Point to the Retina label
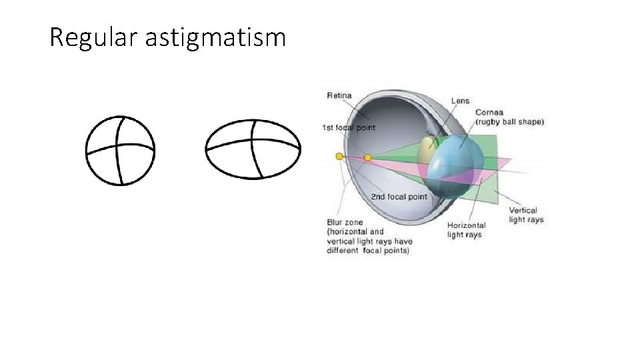(x=339, y=96)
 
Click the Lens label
(x=460, y=101)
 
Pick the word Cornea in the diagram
(x=490, y=112)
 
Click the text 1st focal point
(x=349, y=127)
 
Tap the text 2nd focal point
(x=399, y=197)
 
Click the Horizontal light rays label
(x=466, y=230)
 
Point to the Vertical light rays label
(x=527, y=215)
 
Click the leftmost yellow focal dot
(x=339, y=156)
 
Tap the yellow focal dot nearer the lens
(x=367, y=157)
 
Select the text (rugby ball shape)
(x=509, y=122)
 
